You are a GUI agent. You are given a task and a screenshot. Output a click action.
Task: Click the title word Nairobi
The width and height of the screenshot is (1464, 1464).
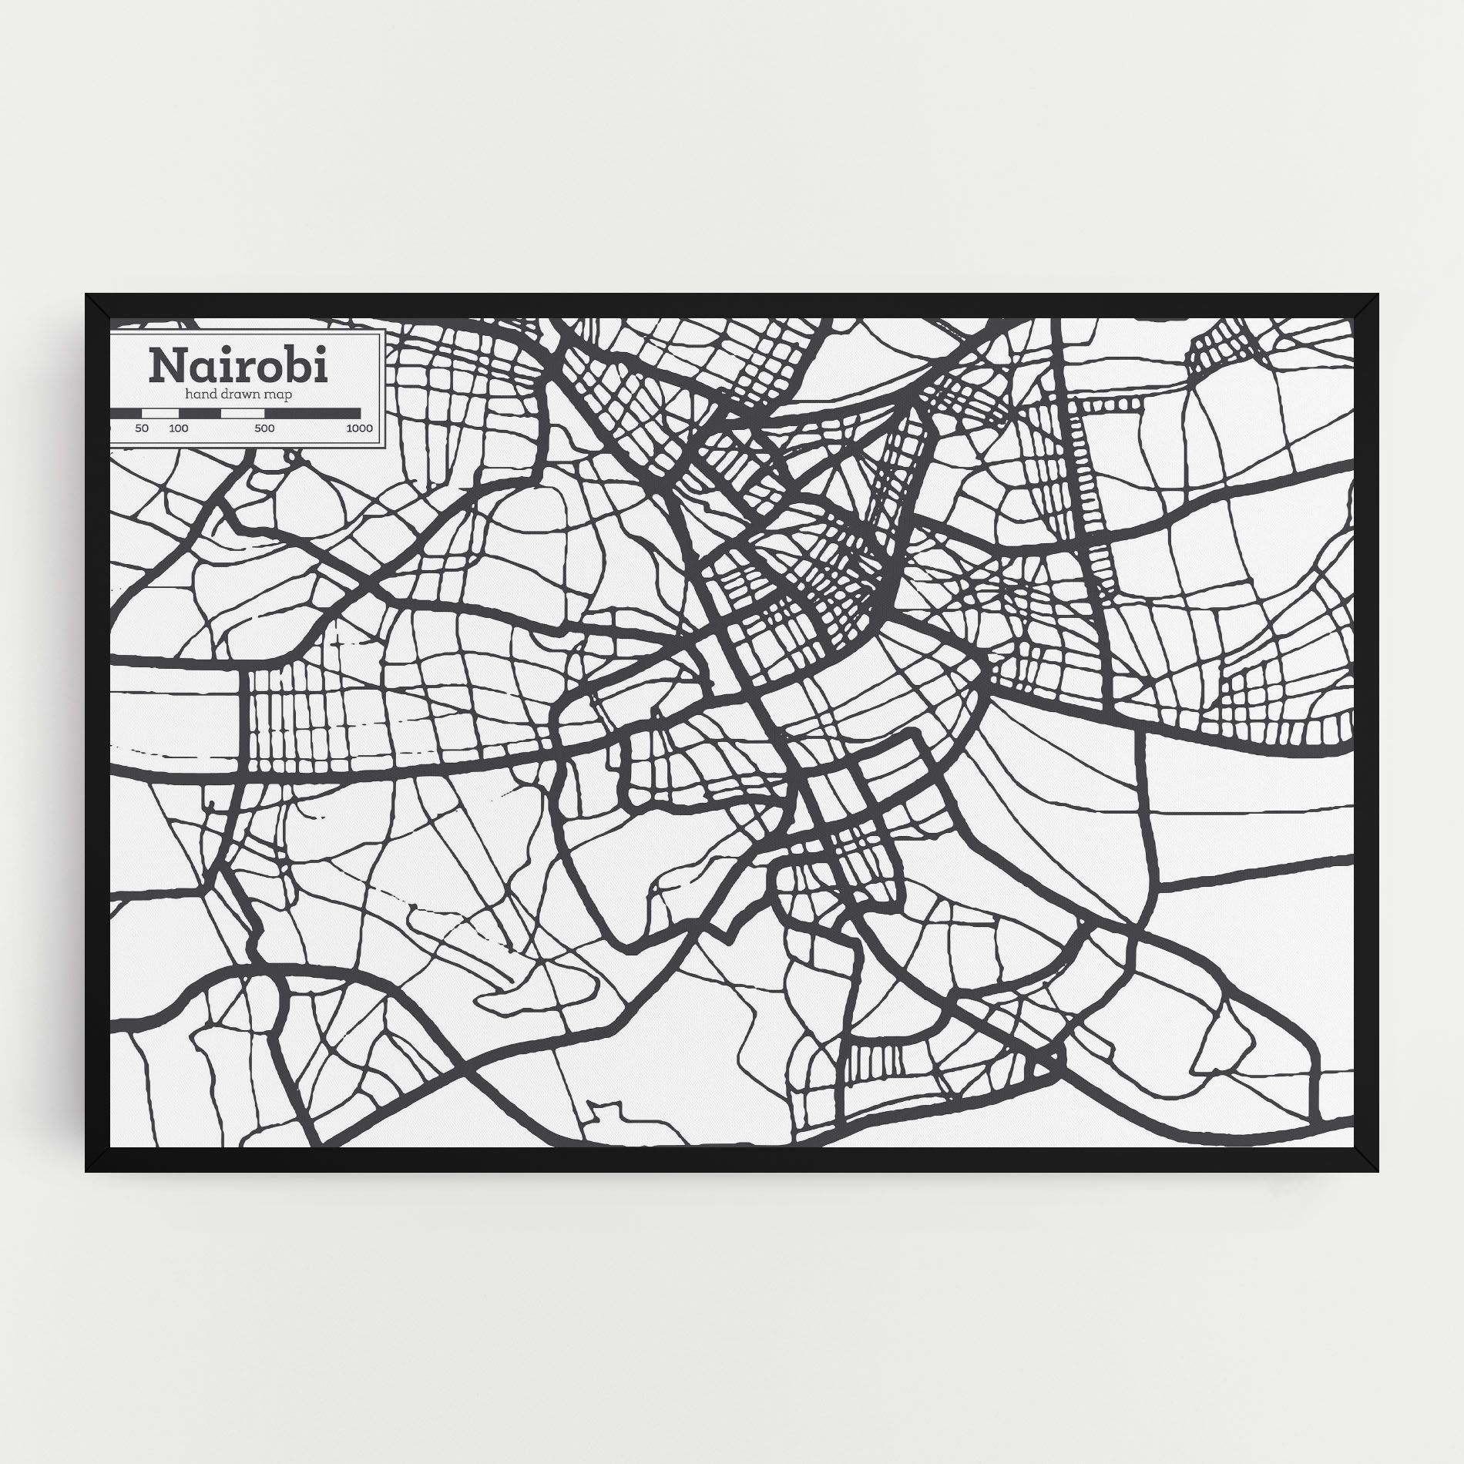point(238,366)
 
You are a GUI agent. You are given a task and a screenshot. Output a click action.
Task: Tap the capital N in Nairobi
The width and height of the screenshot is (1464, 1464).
point(166,367)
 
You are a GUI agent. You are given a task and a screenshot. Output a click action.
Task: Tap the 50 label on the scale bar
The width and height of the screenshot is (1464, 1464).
point(142,428)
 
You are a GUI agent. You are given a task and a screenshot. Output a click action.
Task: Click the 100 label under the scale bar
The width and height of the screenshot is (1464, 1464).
point(179,428)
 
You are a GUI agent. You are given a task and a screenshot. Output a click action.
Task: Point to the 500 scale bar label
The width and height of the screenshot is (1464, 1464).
point(264,428)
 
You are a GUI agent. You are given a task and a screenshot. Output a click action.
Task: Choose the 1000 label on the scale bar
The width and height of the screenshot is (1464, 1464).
point(359,428)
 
